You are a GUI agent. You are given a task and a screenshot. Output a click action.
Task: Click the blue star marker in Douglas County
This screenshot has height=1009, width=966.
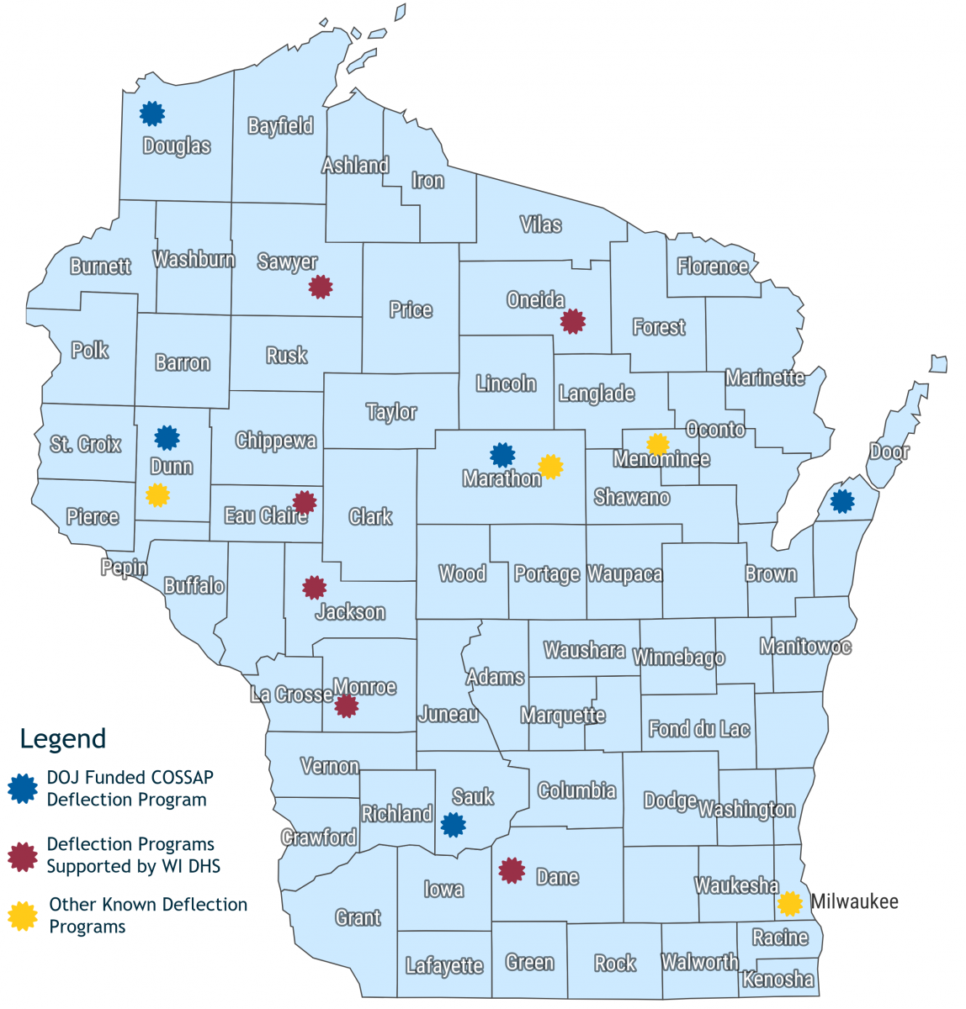coord(151,114)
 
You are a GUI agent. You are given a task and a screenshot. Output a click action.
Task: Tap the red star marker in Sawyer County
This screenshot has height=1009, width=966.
coord(320,287)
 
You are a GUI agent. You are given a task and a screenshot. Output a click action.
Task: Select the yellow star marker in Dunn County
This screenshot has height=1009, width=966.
coord(157,495)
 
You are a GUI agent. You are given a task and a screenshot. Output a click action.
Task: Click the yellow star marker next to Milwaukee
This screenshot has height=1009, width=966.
coord(789,903)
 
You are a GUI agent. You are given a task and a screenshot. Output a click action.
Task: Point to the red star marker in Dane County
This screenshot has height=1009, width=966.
coord(512,870)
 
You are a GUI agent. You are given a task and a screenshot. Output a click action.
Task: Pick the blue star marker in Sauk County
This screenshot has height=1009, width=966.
coord(454,825)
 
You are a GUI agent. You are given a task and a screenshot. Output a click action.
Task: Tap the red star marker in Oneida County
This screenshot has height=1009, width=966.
coord(572,321)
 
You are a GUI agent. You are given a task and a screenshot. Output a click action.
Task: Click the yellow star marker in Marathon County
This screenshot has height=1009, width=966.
coord(550,466)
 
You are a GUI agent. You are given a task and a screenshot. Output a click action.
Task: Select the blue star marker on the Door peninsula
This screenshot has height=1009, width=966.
coord(841,501)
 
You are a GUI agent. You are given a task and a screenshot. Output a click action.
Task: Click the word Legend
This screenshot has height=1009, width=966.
coord(63,739)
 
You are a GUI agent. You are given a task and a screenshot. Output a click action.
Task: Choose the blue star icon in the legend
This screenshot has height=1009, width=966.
coord(23,788)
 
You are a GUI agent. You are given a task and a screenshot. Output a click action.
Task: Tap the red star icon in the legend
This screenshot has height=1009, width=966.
coord(23,855)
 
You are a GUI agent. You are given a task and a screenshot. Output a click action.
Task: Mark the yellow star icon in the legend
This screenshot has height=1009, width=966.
coord(23,916)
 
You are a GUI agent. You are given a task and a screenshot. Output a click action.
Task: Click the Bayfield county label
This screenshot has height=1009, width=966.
coord(280,126)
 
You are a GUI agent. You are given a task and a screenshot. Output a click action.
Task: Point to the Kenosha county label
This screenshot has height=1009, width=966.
coord(778,979)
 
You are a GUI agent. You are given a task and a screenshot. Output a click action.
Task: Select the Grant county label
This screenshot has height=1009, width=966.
coord(358,917)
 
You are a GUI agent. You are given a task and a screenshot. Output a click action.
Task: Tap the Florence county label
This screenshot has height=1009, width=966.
coord(713,267)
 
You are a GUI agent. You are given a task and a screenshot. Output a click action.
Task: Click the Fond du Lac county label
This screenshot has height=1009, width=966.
coord(698,729)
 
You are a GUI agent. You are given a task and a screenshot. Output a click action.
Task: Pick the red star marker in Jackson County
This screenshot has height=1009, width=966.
coord(314,587)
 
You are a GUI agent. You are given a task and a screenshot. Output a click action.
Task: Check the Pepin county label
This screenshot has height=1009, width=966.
coord(124,568)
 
